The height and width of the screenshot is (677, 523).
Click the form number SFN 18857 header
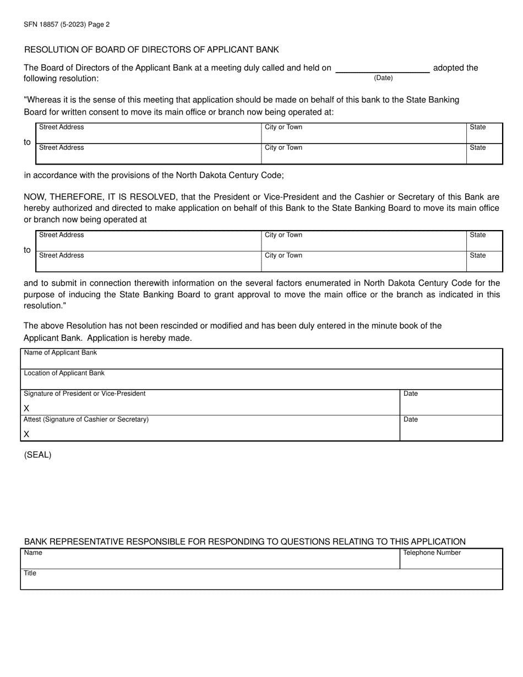tap(67, 24)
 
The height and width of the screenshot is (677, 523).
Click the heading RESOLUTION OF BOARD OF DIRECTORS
tap(151, 50)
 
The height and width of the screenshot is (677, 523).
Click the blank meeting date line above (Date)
tap(383, 69)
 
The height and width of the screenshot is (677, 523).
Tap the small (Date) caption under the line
tap(383, 78)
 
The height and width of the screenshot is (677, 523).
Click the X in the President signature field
tap(26, 408)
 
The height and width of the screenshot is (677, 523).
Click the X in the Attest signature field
tap(26, 434)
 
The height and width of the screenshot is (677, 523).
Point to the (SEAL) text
tap(37, 455)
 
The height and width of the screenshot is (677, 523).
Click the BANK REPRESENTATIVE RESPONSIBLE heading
tap(244, 542)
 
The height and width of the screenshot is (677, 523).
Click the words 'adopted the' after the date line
tap(456, 68)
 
